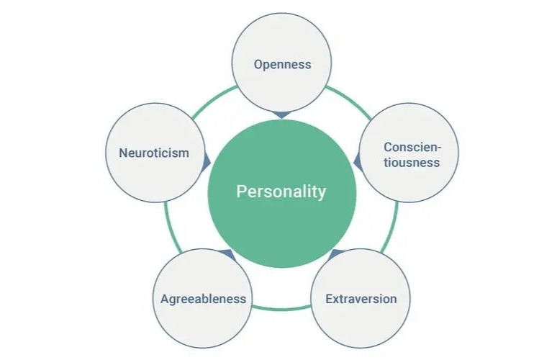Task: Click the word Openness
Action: tap(282, 65)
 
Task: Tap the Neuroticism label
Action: tap(154, 153)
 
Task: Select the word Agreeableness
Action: tap(203, 299)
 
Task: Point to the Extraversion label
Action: tap(361, 299)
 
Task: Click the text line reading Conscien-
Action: tap(412, 147)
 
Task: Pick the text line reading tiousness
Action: tap(412, 163)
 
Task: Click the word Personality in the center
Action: tap(281, 192)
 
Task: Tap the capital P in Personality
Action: tap(241, 192)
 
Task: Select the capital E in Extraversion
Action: tap(330, 299)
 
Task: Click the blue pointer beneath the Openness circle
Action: tap(281, 115)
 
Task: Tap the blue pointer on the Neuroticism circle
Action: tap(207, 161)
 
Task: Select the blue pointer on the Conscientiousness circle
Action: tap(358, 161)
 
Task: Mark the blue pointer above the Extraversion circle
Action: tap(336, 254)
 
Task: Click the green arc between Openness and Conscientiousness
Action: tap(350, 100)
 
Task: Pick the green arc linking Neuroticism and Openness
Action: tap(212, 100)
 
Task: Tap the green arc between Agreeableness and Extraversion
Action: tap(281, 308)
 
